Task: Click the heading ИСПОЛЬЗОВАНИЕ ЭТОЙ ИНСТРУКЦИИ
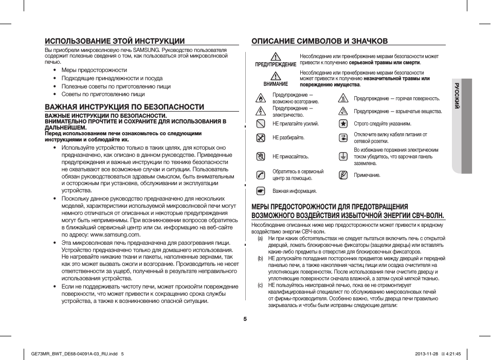[x=115, y=41]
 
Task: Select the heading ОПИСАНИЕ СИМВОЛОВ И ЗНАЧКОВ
[x=319, y=41]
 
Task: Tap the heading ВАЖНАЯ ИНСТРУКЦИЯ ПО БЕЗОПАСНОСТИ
[x=124, y=107]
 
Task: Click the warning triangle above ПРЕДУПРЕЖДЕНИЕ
[x=276, y=57]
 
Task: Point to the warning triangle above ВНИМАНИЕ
[x=276, y=76]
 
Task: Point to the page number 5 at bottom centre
[x=245, y=318]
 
